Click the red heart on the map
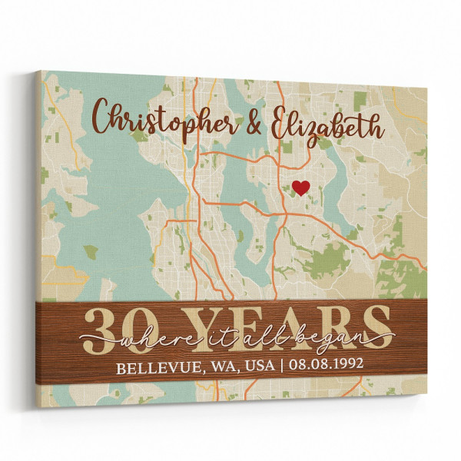point(301,186)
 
